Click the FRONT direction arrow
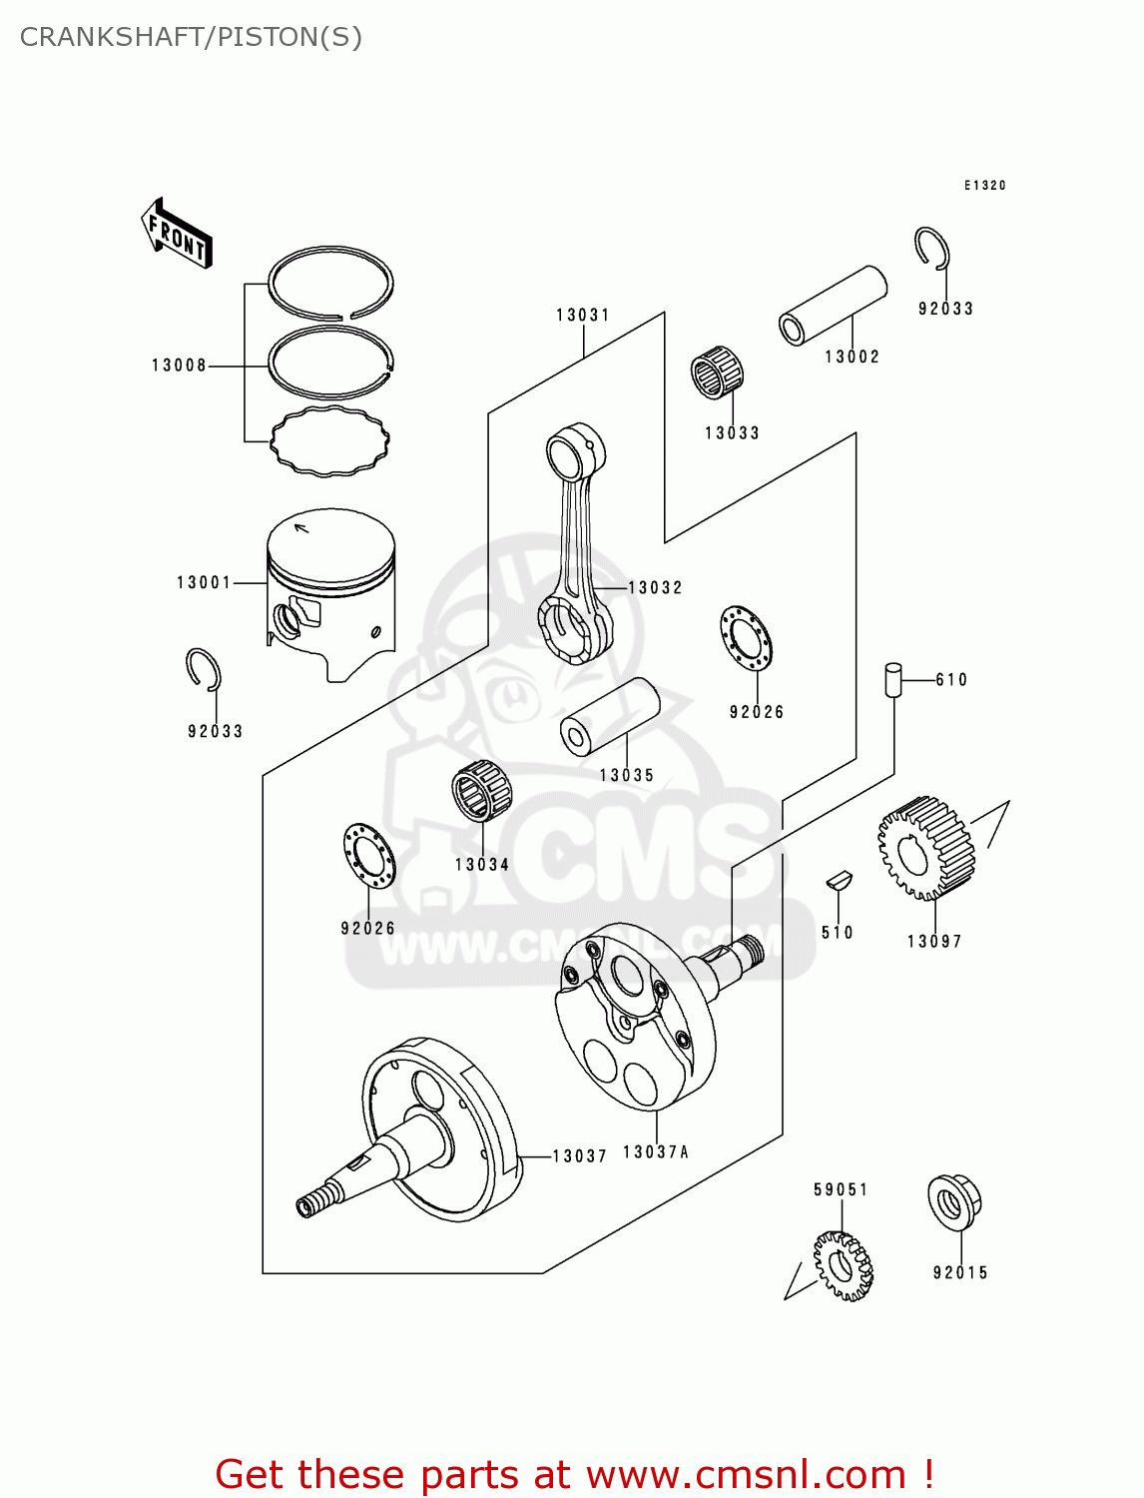point(177,234)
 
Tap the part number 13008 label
point(179,366)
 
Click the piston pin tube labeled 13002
point(833,305)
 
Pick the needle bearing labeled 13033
point(717,374)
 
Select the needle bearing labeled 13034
point(481,791)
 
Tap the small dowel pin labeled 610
point(892,680)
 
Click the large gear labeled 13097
point(926,847)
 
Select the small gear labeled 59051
point(843,1265)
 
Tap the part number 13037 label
point(579,1156)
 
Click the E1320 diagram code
point(984,186)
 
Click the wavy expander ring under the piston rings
point(329,440)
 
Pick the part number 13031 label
point(583,316)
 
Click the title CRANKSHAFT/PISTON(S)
point(191,37)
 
